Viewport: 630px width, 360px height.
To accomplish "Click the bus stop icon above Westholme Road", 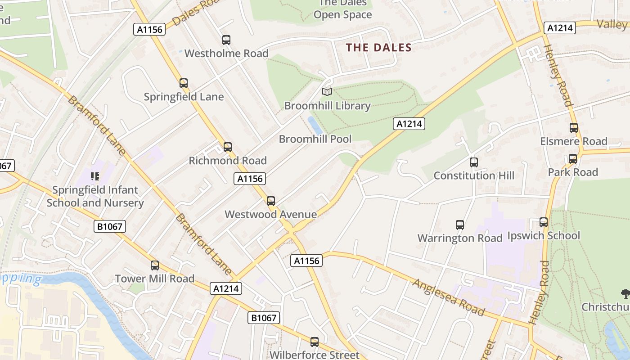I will coord(226,40).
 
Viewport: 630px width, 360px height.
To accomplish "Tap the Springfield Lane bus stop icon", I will coord(184,83).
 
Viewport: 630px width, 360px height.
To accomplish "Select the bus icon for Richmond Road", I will coord(228,147).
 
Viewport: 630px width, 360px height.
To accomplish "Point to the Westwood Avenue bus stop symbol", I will coord(271,201).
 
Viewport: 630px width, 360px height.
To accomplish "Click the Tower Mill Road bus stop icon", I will coord(155,265).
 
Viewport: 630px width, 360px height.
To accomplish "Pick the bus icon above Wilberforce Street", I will coord(315,342).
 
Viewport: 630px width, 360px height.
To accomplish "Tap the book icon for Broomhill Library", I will coord(327,92).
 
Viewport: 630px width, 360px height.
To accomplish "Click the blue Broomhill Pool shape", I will coord(315,125).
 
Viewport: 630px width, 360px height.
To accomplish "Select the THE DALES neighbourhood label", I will coord(378,47).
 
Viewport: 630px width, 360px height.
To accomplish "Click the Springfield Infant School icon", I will coord(94,176).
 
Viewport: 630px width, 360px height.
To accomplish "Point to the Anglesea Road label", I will coord(448,297).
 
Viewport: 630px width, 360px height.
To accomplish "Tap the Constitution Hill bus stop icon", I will coord(474,162).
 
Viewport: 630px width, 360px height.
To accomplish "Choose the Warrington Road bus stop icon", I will coord(460,225).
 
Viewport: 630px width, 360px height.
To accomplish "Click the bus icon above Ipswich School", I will coord(544,222).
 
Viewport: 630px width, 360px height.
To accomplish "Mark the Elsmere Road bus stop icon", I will coord(574,128).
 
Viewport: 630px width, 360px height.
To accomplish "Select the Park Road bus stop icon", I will coord(573,159).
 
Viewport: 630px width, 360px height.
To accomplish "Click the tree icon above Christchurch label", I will coord(625,294).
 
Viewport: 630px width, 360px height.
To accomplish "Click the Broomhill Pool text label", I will coord(315,139).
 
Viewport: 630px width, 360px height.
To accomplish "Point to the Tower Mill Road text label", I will coord(154,279).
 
